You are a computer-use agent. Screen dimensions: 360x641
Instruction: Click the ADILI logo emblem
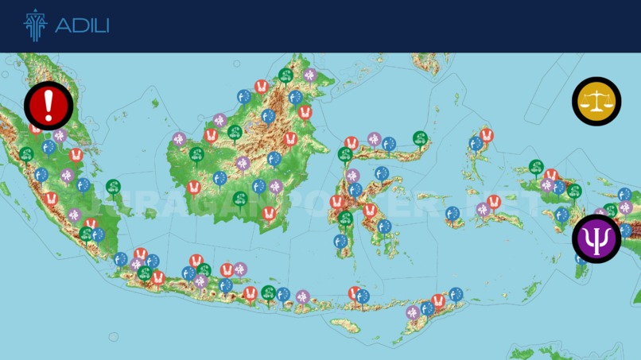pyautogui.click(x=35, y=25)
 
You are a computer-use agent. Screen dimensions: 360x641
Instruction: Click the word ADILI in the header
pyautogui.click(x=82, y=26)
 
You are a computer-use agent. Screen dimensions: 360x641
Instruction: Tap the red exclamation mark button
pyautogui.click(x=49, y=104)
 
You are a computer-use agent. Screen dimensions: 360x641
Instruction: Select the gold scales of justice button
pyautogui.click(x=596, y=101)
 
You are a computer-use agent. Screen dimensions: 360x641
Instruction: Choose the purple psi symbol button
pyautogui.click(x=596, y=238)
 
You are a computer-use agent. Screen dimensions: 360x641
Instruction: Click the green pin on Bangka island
pyautogui.click(x=113, y=187)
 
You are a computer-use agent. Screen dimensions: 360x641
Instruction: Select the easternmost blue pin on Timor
pyautogui.click(x=456, y=294)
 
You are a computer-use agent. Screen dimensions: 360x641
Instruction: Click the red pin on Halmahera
pyautogui.click(x=487, y=136)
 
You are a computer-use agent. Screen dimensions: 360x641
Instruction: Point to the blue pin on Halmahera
pyautogui.click(x=476, y=144)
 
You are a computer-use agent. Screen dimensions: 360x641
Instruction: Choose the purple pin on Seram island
pyautogui.click(x=483, y=209)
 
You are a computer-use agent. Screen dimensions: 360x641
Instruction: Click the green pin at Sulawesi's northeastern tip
pyautogui.click(x=420, y=138)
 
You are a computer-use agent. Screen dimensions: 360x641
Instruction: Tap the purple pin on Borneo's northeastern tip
pyautogui.click(x=310, y=75)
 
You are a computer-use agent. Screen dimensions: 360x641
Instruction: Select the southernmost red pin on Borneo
pyautogui.click(x=269, y=213)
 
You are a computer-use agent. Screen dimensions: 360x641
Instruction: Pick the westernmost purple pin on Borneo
pyautogui.click(x=179, y=139)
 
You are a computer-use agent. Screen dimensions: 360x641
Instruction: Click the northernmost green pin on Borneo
pyautogui.click(x=286, y=75)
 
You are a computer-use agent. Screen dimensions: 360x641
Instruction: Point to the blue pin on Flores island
pyautogui.click(x=363, y=296)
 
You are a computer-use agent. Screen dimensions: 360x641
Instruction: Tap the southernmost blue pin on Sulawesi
pyautogui.click(x=340, y=241)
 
